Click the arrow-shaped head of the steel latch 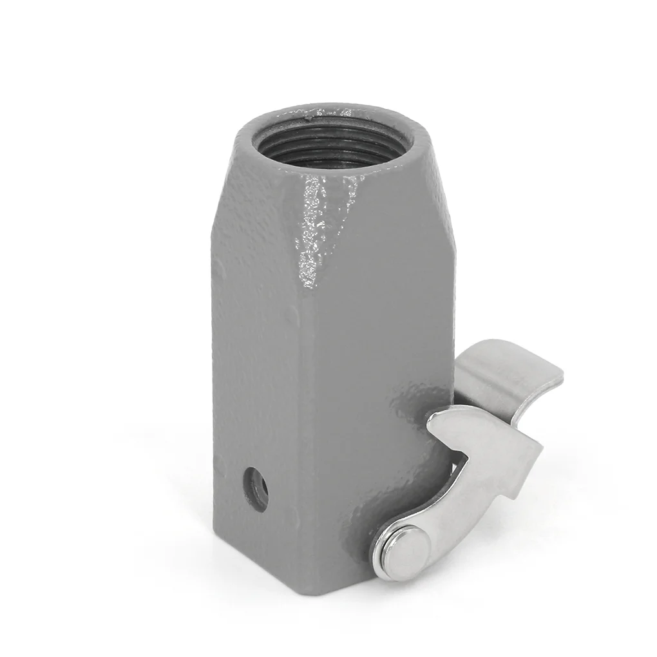[x=490, y=451]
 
